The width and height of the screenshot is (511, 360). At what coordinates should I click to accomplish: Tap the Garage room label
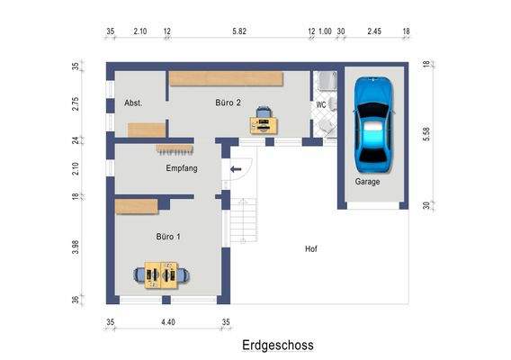(x=367, y=181)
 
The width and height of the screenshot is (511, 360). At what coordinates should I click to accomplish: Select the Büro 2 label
(x=229, y=103)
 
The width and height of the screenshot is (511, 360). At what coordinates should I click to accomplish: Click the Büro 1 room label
(x=168, y=237)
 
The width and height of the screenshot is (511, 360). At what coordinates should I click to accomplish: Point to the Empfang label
(x=181, y=168)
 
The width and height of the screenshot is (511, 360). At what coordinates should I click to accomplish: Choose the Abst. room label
(x=133, y=103)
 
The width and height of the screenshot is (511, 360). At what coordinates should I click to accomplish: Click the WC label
(x=320, y=104)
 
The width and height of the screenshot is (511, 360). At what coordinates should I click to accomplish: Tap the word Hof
(x=311, y=248)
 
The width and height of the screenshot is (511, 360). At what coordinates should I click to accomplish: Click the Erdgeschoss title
(x=277, y=344)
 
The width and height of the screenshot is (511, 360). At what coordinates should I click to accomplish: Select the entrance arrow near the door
(x=237, y=168)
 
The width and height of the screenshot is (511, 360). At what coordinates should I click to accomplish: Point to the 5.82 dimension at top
(x=238, y=32)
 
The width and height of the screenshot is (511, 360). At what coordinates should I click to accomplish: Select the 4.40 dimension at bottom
(x=167, y=321)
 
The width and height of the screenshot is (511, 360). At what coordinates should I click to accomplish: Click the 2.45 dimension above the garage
(x=374, y=32)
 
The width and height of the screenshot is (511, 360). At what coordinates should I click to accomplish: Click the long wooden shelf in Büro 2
(x=227, y=78)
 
